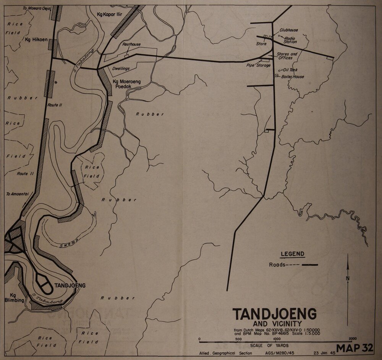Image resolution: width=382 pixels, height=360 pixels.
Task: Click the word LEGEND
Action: [293, 254]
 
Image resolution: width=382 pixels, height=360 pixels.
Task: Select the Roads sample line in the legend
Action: [310, 265]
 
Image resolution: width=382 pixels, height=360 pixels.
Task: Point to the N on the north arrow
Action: [347, 278]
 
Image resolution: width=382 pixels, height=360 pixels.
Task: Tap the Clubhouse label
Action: [288, 30]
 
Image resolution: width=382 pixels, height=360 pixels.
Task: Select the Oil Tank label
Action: [290, 70]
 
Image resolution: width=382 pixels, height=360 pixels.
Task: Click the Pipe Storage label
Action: [259, 65]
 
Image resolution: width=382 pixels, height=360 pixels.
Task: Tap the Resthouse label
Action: [131, 44]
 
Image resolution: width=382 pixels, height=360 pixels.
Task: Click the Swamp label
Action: [70, 243]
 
